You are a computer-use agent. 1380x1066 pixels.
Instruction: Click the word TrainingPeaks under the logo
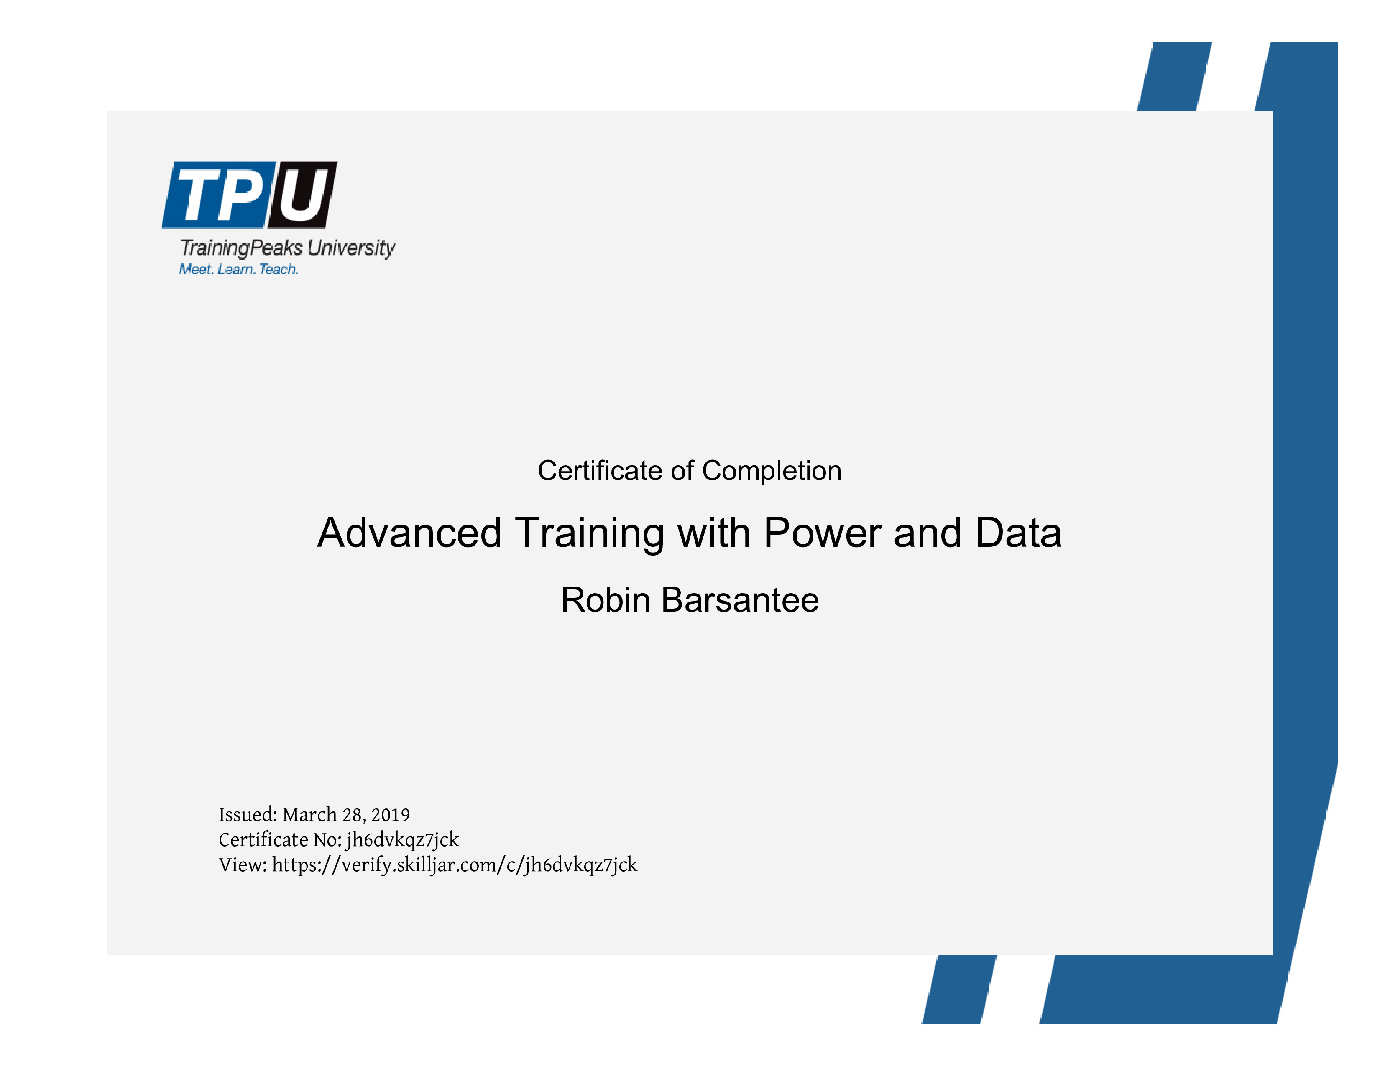[241, 248]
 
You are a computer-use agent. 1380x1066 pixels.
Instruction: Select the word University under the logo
[351, 248]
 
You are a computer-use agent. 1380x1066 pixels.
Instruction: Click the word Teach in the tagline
[279, 270]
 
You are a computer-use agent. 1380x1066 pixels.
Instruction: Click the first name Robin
[606, 600]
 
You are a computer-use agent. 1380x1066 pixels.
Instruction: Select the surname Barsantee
[740, 600]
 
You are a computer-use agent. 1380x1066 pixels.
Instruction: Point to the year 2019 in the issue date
[391, 815]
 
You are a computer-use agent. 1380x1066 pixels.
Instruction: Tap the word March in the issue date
[309, 815]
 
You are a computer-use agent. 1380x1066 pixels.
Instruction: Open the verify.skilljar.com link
[455, 865]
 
